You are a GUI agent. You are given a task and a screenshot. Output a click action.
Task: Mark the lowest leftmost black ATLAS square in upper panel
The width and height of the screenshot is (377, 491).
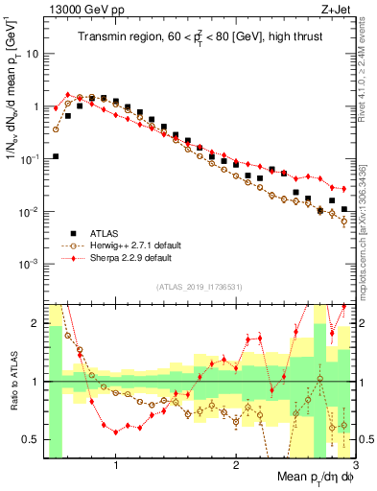pyautogui.click(x=56, y=156)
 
